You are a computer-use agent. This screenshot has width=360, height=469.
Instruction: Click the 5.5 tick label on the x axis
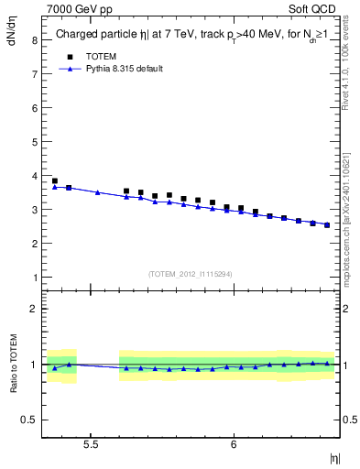pos(91,444)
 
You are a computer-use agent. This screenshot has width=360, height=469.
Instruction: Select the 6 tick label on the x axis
pos(234,444)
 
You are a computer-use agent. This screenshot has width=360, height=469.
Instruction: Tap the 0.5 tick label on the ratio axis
pos(30,420)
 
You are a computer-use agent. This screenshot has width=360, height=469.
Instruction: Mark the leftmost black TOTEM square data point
pos(55,181)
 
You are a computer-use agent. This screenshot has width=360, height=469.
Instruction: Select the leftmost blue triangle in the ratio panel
pos(55,368)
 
